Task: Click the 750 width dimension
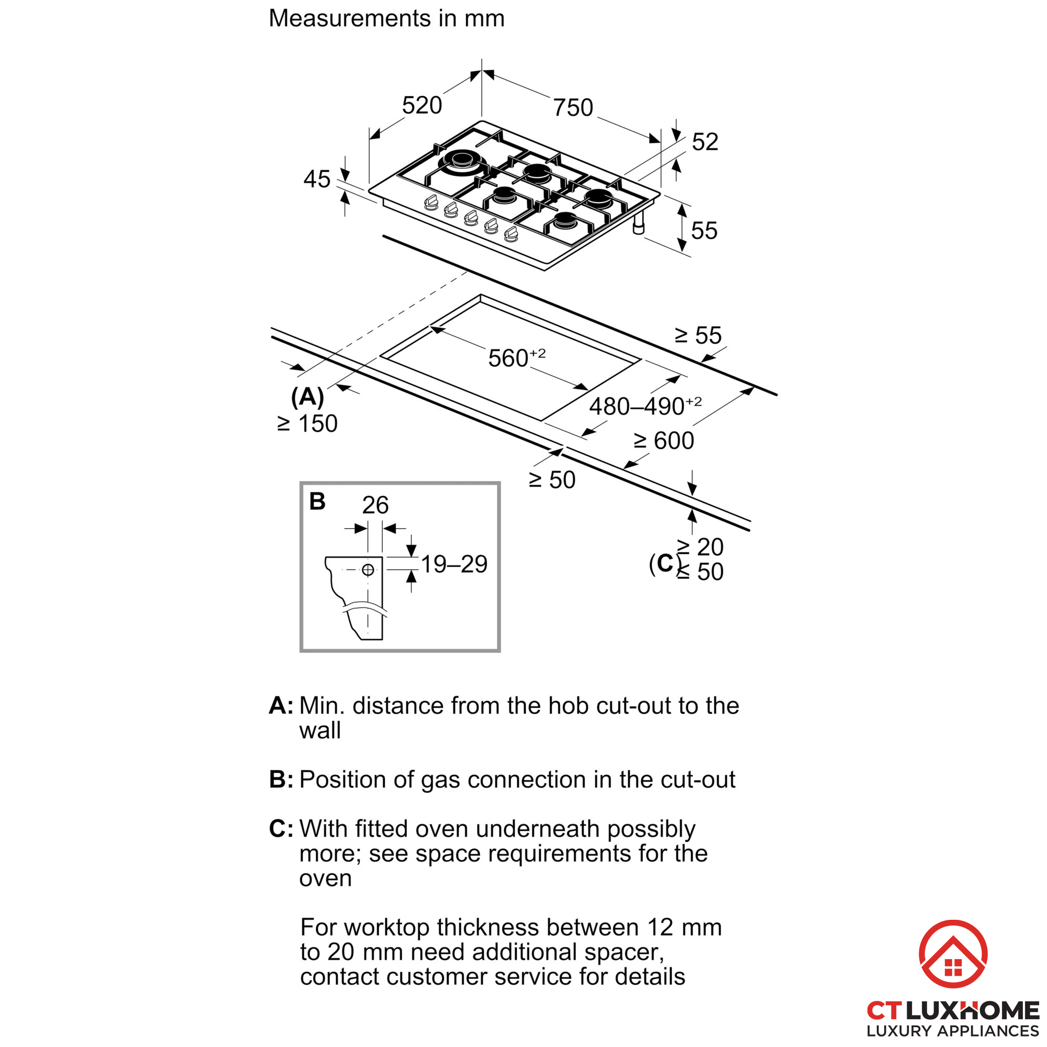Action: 573,107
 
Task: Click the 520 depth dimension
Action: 421,105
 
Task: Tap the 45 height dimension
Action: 317,179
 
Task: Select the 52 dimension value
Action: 705,142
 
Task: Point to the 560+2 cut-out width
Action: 516,358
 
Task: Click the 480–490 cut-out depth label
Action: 645,406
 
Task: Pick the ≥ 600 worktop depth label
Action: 663,441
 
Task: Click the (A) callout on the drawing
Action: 307,397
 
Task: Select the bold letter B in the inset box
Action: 317,502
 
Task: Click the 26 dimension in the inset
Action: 375,505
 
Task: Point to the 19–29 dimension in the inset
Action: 454,565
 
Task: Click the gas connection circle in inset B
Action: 368,570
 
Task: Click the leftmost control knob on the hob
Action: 431,203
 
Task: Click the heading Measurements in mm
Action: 386,18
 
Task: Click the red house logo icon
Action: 953,954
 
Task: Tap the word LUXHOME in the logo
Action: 972,1011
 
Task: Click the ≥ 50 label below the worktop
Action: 552,480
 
